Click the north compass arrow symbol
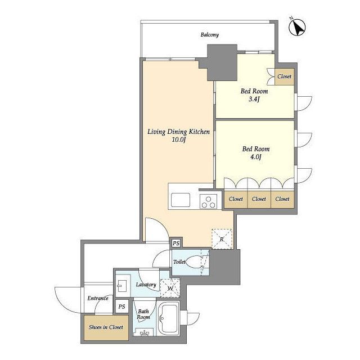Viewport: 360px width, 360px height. [x=298, y=28]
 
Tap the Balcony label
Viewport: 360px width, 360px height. [x=210, y=35]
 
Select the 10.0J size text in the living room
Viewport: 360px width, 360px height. [x=179, y=139]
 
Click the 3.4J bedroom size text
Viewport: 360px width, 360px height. [x=254, y=99]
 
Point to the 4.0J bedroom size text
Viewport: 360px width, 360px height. [x=256, y=157]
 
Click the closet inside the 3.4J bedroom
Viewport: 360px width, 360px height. [x=285, y=76]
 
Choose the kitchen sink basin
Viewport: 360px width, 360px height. [x=181, y=200]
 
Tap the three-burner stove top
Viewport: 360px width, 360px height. [x=209, y=201]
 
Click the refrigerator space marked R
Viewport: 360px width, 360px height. [x=222, y=239]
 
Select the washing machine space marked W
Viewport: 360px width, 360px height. [x=170, y=288]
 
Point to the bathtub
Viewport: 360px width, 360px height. [x=168, y=318]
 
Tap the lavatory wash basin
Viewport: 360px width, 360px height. [x=123, y=285]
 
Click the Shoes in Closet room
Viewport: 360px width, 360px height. [x=106, y=328]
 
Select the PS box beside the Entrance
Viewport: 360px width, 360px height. [x=121, y=307]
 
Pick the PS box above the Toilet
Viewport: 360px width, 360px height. [x=176, y=243]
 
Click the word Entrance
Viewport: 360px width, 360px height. [x=98, y=298]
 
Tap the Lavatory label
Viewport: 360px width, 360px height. [x=146, y=285]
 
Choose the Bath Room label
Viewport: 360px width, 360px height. [x=143, y=314]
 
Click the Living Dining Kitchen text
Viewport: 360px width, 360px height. [x=178, y=132]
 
